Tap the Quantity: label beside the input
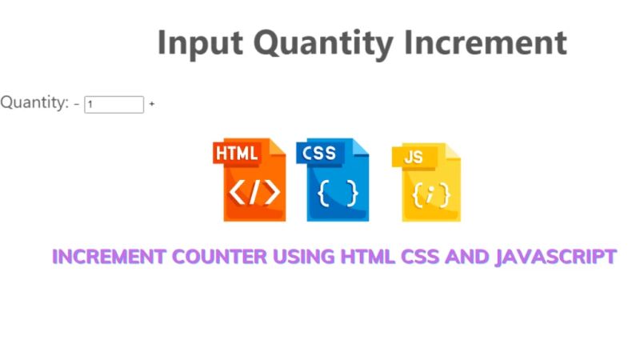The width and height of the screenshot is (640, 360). click(34, 102)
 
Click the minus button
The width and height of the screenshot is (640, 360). click(77, 104)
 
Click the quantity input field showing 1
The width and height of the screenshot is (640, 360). click(114, 104)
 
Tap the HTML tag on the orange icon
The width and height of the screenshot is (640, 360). click(237, 154)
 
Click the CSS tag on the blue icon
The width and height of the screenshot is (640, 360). click(319, 152)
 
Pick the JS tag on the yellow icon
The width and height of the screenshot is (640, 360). click(414, 157)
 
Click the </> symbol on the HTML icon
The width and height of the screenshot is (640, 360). click(254, 193)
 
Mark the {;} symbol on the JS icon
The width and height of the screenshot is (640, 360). click(431, 195)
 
